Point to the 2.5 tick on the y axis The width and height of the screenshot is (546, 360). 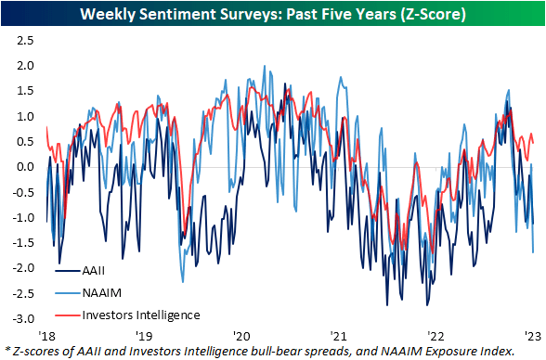point(23,41)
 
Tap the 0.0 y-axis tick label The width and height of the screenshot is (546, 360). point(23,167)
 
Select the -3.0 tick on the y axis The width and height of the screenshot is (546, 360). point(21,318)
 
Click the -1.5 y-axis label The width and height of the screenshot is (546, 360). point(21,242)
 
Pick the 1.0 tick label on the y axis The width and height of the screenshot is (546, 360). point(23,117)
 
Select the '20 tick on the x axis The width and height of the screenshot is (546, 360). point(241,334)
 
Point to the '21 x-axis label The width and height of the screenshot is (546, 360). point(339,334)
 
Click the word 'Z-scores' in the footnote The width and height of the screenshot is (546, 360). point(36,351)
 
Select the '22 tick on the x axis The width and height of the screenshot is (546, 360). point(437,334)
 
